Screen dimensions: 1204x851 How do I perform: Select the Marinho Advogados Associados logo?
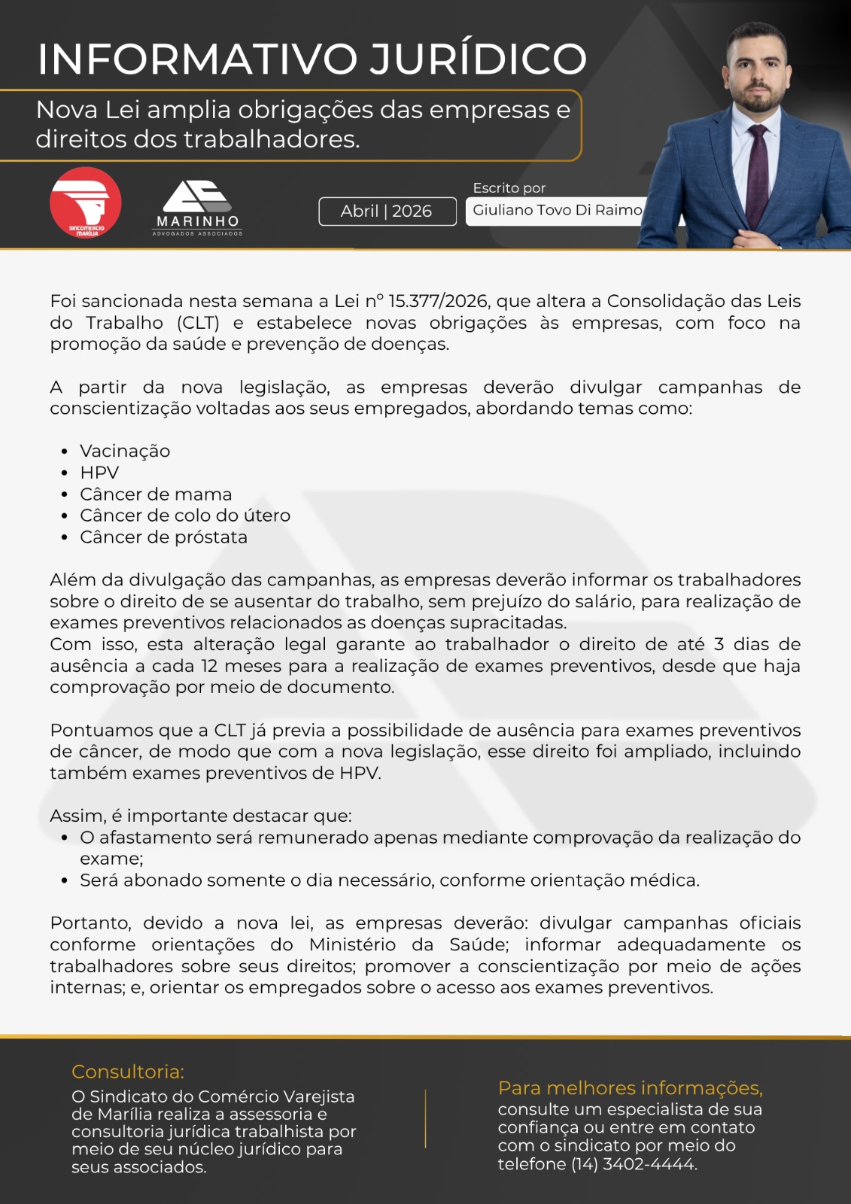198,208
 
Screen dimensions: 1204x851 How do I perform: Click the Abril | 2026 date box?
387,211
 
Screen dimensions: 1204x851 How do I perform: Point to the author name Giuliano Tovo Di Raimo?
557,211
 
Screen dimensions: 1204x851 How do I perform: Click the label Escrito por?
509,188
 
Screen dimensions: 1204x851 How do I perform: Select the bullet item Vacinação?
125,451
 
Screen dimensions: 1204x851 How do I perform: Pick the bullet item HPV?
99,473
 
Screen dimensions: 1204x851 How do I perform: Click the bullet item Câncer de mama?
156,494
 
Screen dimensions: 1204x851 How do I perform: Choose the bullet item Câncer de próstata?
163,537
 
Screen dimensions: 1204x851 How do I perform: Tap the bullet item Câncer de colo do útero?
185,515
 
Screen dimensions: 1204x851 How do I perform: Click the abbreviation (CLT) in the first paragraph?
199,323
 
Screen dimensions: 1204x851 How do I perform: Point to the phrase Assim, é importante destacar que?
201,816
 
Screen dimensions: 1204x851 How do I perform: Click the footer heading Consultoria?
128,1072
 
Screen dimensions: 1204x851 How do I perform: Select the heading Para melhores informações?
630,1088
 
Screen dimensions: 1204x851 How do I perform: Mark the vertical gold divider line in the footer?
426,1118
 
